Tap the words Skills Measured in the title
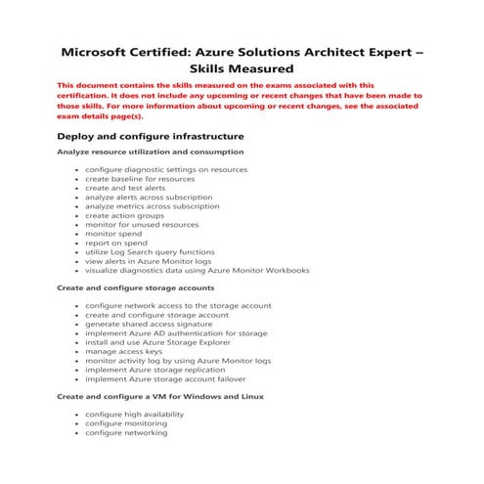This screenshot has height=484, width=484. click(x=241, y=70)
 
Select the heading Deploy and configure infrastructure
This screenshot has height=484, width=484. click(x=150, y=135)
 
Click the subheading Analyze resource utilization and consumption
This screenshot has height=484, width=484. click(x=150, y=153)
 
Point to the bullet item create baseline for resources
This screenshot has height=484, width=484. click(x=140, y=179)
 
